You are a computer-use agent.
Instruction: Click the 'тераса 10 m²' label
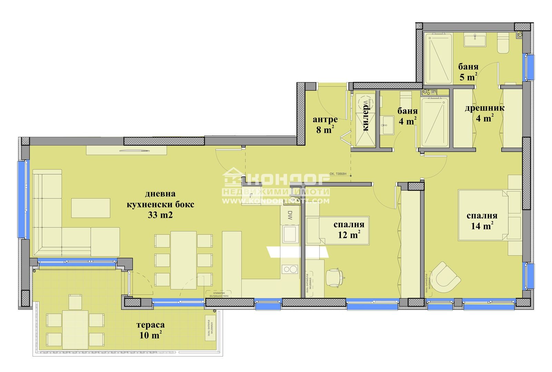point(150,330)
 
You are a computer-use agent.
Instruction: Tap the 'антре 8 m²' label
point(325,125)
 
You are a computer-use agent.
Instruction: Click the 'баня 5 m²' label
point(468,72)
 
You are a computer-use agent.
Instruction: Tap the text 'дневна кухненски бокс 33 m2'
point(160,205)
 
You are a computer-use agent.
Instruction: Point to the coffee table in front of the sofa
point(91,208)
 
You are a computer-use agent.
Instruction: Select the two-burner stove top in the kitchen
point(289,269)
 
